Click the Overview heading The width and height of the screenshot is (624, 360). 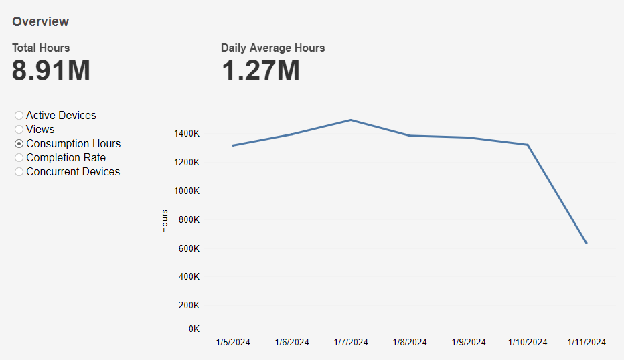tap(40, 21)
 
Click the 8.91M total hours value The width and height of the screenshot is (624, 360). tap(51, 70)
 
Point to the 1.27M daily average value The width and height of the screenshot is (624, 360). tap(260, 70)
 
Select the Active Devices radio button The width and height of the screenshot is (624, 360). tap(19, 116)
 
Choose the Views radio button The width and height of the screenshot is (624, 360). tap(19, 130)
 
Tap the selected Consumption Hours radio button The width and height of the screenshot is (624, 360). tap(19, 144)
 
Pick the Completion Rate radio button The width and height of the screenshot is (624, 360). tap(19, 158)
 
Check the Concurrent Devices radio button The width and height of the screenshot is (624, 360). tap(19, 172)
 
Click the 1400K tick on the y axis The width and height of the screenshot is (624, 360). tap(187, 134)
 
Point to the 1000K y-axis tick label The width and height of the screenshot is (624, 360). tap(187, 191)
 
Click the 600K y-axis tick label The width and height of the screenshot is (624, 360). tap(189, 249)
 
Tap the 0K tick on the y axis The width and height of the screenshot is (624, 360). tap(193, 329)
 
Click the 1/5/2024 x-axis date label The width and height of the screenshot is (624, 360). tap(233, 343)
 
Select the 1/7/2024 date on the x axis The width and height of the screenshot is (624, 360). tap(351, 343)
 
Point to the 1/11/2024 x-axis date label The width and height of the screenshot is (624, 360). tap(587, 343)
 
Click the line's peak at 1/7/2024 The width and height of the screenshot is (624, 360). tap(351, 120)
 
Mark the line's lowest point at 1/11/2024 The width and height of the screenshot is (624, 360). tap(587, 244)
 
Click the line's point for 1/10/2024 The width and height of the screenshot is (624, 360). tap(528, 145)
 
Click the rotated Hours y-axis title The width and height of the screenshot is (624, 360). tap(165, 221)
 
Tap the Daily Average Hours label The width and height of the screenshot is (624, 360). tap(272, 48)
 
